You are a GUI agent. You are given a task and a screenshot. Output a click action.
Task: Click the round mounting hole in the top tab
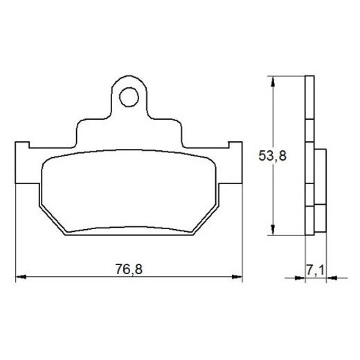[129, 98]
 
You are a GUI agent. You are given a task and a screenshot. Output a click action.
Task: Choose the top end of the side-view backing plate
[308, 78]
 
